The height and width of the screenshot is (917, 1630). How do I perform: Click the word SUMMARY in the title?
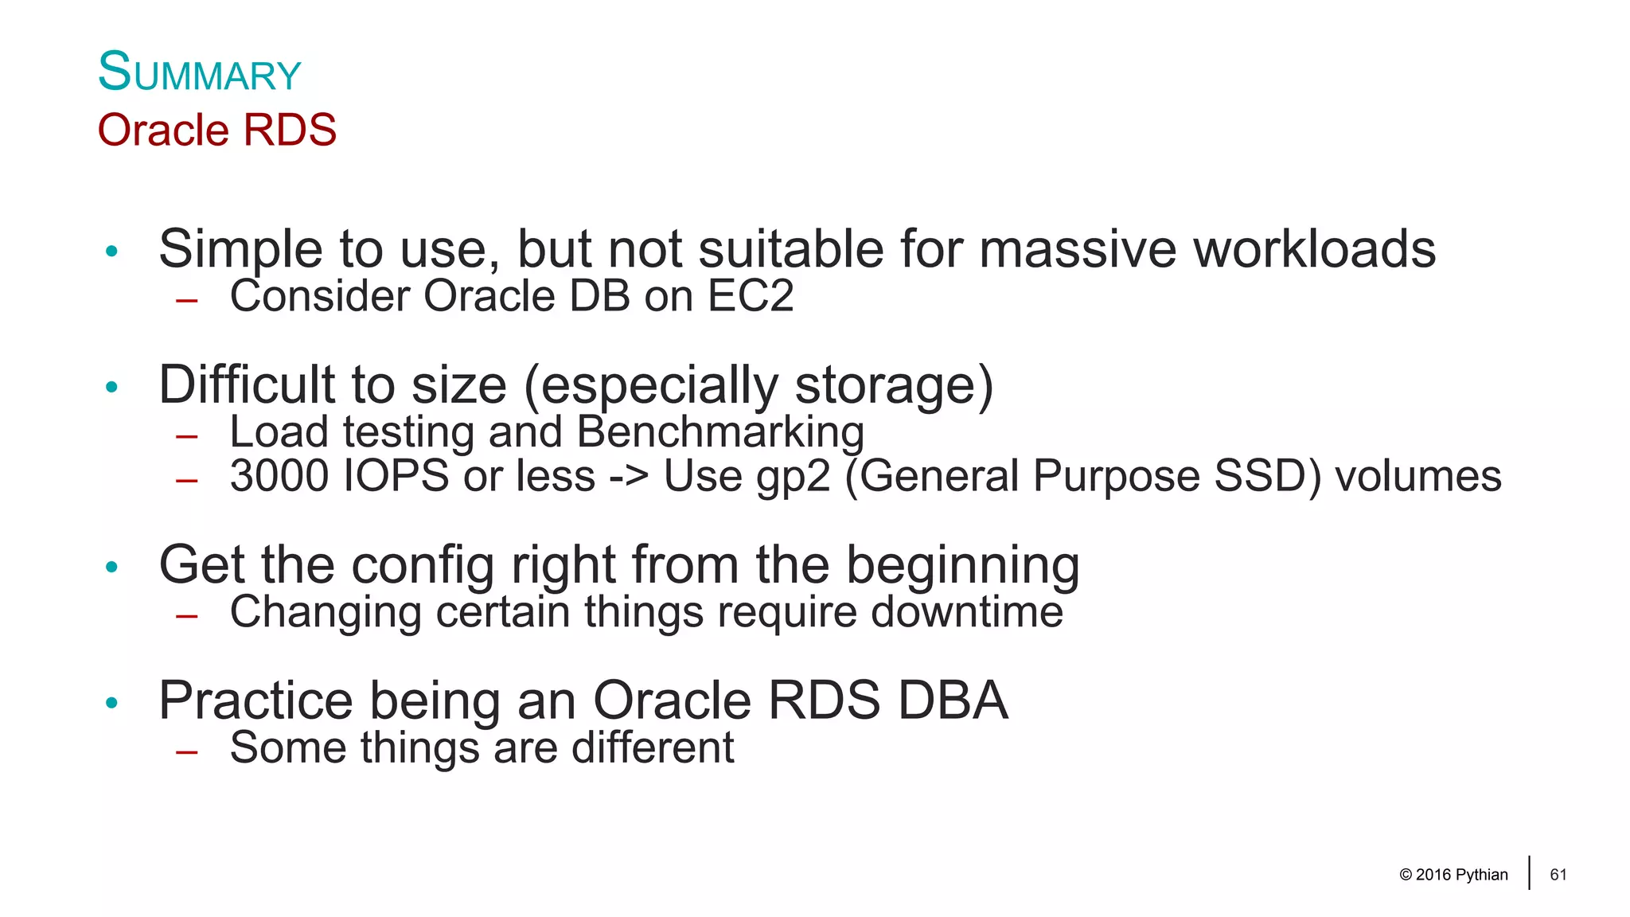click(199, 73)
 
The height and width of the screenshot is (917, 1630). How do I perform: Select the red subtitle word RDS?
click(290, 130)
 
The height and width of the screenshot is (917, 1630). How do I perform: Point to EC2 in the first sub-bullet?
click(751, 296)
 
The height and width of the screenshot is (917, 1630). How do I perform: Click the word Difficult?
click(248, 385)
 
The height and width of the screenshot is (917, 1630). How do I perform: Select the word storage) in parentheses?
click(894, 385)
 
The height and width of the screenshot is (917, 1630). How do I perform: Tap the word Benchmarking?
click(720, 432)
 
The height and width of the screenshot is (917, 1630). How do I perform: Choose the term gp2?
click(794, 477)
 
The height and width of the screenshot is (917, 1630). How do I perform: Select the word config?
click(423, 565)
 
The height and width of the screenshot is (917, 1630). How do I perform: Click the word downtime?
click(967, 612)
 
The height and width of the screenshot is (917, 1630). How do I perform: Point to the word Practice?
click(255, 700)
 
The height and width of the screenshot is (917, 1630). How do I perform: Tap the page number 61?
click(1558, 875)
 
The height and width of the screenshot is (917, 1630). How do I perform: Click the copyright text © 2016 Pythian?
click(1453, 875)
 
